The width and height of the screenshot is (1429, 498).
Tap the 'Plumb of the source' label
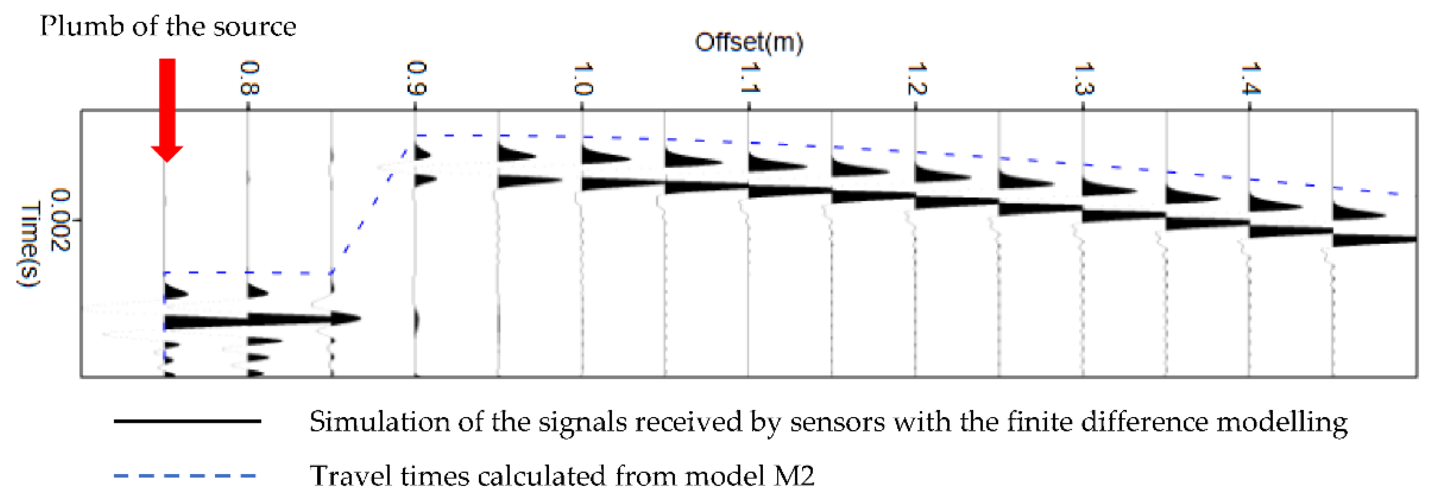pos(168,27)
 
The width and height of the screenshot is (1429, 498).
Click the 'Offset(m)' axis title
pos(749,42)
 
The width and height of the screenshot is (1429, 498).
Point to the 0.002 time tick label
pos(61,220)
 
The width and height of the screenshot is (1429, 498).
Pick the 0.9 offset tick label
pos(416,78)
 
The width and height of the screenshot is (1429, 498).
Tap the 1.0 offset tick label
pos(583,79)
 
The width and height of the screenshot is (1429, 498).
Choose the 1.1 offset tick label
pos(750,78)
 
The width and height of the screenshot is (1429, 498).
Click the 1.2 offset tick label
pos(916,78)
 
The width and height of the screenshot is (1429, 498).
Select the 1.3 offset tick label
pos(1084,78)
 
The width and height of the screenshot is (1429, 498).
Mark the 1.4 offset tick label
pos(1250,78)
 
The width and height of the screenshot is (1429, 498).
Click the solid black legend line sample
pos(187,421)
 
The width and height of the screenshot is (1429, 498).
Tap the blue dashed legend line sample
pos(185,476)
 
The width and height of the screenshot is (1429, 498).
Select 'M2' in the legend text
pos(794,476)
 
